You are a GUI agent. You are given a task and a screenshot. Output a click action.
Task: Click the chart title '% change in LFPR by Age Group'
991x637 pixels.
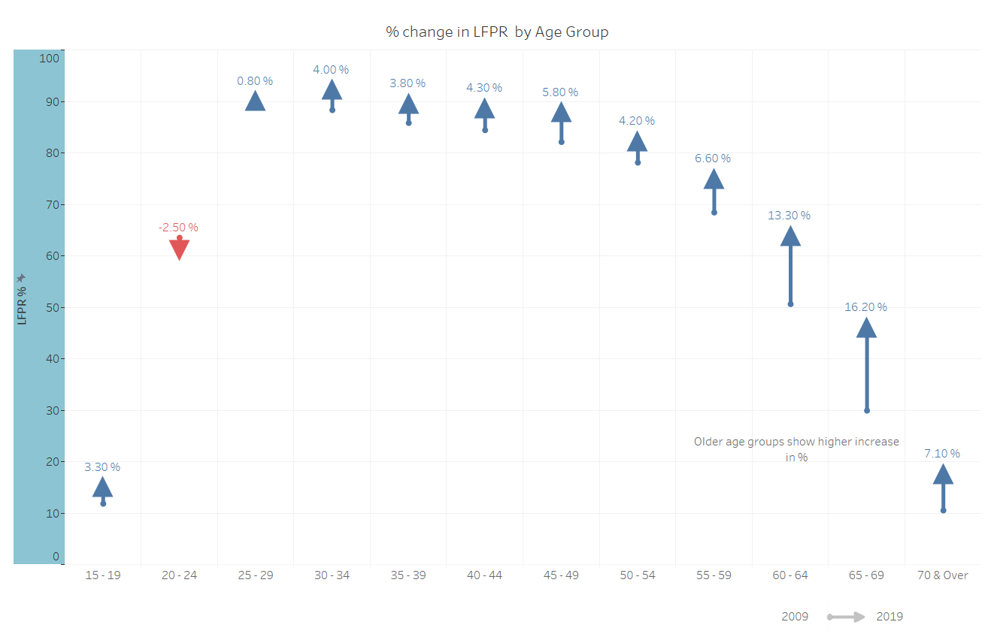496,32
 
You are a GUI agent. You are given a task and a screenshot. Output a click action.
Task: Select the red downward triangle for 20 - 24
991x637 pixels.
179,249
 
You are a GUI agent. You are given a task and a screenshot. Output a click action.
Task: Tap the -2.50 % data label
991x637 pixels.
178,227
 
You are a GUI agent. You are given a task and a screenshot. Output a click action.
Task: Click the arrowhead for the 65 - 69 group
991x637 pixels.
866,328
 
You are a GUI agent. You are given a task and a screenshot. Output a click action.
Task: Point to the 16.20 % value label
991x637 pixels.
865,307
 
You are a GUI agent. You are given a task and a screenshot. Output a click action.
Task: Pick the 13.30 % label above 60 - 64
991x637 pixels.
789,216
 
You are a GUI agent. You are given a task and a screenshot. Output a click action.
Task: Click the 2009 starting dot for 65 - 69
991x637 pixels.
867,410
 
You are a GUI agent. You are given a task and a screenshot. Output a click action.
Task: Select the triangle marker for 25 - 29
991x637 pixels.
255,101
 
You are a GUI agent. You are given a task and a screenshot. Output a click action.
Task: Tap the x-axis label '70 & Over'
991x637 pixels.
943,575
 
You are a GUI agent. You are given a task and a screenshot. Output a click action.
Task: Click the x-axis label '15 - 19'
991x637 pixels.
103,575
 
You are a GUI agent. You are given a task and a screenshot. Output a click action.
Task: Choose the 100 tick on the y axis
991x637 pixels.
49,58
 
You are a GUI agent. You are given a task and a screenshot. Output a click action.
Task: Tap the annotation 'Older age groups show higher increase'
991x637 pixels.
796,442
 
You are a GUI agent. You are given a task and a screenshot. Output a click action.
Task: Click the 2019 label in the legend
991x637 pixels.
889,617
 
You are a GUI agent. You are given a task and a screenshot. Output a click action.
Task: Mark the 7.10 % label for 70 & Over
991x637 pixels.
942,454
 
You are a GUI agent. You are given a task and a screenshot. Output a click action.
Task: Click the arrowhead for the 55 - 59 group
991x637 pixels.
714,180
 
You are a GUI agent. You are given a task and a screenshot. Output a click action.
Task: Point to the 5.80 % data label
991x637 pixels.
560,92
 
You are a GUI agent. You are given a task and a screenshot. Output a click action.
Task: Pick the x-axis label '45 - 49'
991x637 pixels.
561,575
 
